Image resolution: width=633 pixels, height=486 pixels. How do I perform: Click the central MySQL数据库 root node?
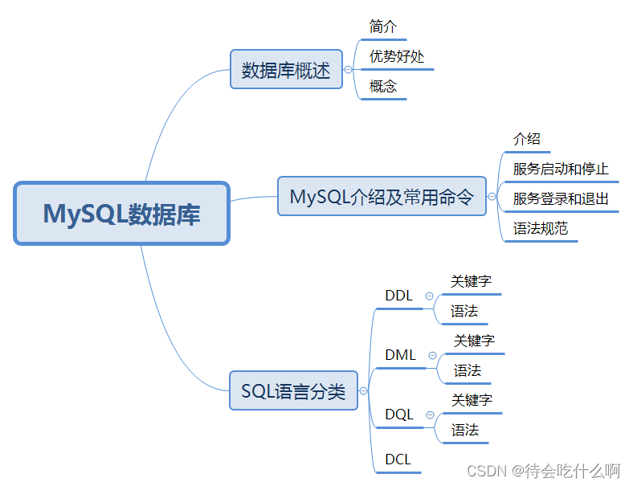122,214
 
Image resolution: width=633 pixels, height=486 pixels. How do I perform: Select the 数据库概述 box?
286,70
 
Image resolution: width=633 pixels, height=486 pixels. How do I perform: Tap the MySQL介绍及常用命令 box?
382,196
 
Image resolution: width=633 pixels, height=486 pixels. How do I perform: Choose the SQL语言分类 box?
293,391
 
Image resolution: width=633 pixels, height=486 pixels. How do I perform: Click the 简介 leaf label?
383,27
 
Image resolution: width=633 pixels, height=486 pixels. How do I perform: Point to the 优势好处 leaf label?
397,56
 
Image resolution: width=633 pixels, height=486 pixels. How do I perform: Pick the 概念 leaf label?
383,86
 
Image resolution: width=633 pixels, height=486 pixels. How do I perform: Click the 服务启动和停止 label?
561,169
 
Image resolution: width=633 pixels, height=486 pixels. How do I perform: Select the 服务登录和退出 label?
561,198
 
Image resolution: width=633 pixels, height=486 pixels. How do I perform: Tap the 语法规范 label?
540,228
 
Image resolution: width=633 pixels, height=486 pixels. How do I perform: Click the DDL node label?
398,296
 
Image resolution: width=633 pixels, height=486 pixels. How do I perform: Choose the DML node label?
400,355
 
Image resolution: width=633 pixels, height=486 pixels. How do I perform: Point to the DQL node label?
398,415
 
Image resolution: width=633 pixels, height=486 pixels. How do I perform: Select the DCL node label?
398,459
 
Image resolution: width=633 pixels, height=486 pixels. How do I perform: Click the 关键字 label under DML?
474,341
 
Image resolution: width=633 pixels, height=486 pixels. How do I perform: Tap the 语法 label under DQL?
465,430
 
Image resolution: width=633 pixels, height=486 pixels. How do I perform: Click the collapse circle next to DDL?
428,296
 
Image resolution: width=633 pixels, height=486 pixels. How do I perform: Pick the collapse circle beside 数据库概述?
348,70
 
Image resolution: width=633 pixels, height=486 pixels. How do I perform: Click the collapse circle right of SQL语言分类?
363,391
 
